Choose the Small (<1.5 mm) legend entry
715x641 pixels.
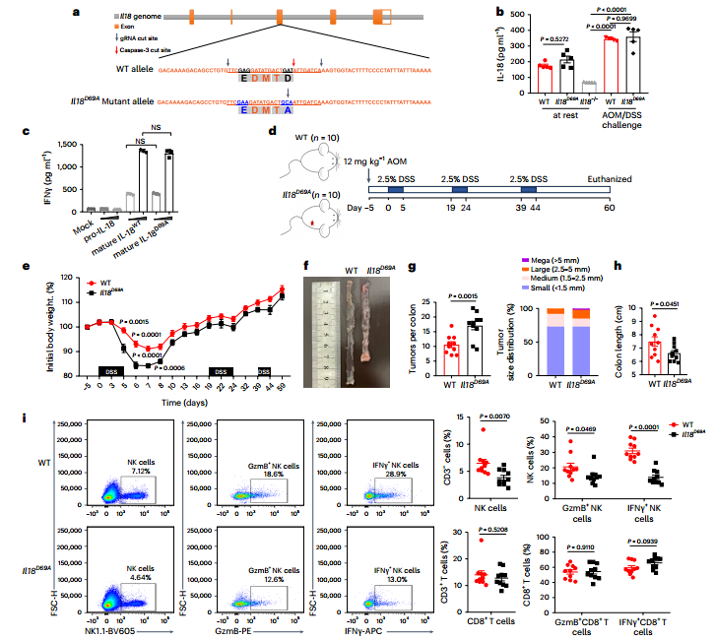click(541, 288)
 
